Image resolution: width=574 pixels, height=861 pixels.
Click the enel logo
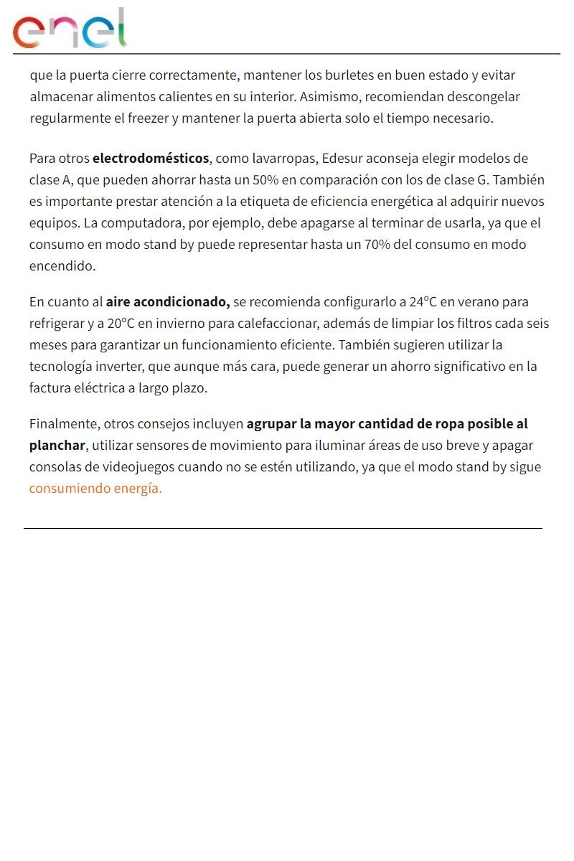click(x=70, y=29)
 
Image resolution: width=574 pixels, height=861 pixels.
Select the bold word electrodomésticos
click(x=151, y=159)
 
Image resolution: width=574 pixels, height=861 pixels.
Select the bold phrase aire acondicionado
click(x=168, y=302)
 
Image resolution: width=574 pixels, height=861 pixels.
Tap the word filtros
click(x=470, y=324)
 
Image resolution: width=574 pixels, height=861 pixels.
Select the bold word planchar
click(x=57, y=446)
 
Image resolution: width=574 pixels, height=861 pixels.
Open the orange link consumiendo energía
click(x=95, y=489)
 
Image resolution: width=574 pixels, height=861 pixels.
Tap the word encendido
click(x=62, y=266)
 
